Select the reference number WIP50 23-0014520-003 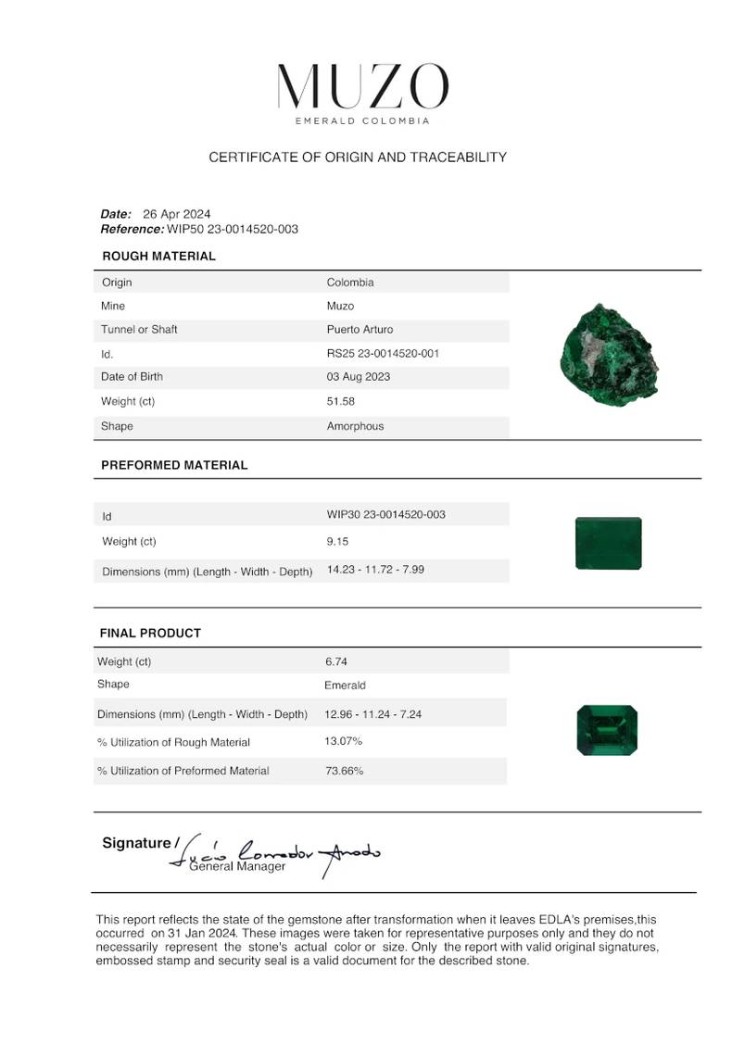(233, 229)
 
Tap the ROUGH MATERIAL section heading (158, 256)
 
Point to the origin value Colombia (350, 283)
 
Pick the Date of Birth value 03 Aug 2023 (358, 376)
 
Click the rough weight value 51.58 (340, 401)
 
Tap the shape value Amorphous (355, 426)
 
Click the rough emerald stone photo (609, 352)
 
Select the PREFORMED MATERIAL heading (174, 465)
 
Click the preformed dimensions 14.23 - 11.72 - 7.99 (375, 569)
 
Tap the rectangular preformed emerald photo (608, 544)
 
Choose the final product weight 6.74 (335, 661)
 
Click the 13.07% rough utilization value (343, 741)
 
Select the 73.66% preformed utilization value (343, 771)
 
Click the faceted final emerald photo (607, 728)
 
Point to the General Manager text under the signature (237, 866)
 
